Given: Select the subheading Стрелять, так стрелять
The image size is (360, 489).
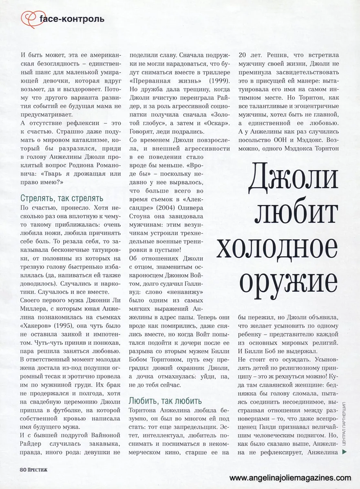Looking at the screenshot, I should point(62,198).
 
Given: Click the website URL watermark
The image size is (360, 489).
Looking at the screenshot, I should point(291,478).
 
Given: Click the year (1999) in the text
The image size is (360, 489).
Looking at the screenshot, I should point(219,78).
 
